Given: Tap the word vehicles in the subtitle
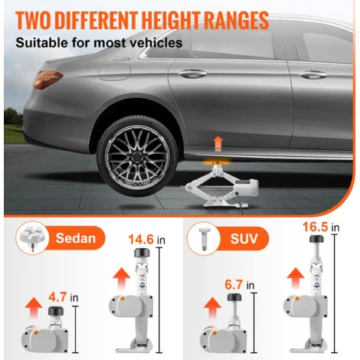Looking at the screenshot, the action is pos(159,43).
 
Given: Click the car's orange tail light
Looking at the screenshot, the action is pos(47,80).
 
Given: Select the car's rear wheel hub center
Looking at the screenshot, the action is pos(137,156).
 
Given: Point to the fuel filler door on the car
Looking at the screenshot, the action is pos(115,72).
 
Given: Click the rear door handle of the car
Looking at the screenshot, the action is pos(193,74).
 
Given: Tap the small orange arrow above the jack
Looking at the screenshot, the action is pos(218,143).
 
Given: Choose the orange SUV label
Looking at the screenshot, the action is pos(243,239).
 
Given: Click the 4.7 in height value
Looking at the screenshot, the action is pos(64,297).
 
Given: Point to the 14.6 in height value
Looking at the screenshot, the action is pos(146,240).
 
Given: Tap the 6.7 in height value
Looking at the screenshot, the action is pos(240,285).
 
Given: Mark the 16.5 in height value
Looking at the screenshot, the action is pos(321,227).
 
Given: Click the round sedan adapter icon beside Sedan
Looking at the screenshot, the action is pos(31,237).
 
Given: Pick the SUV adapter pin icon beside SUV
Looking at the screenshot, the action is pos(204,239).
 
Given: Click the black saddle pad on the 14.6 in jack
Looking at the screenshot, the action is pos(142,253).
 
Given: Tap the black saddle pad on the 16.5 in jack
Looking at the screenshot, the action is pos(316,239).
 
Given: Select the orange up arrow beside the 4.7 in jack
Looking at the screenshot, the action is pos(34,308).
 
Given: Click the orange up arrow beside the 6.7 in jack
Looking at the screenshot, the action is pos(212,309).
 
